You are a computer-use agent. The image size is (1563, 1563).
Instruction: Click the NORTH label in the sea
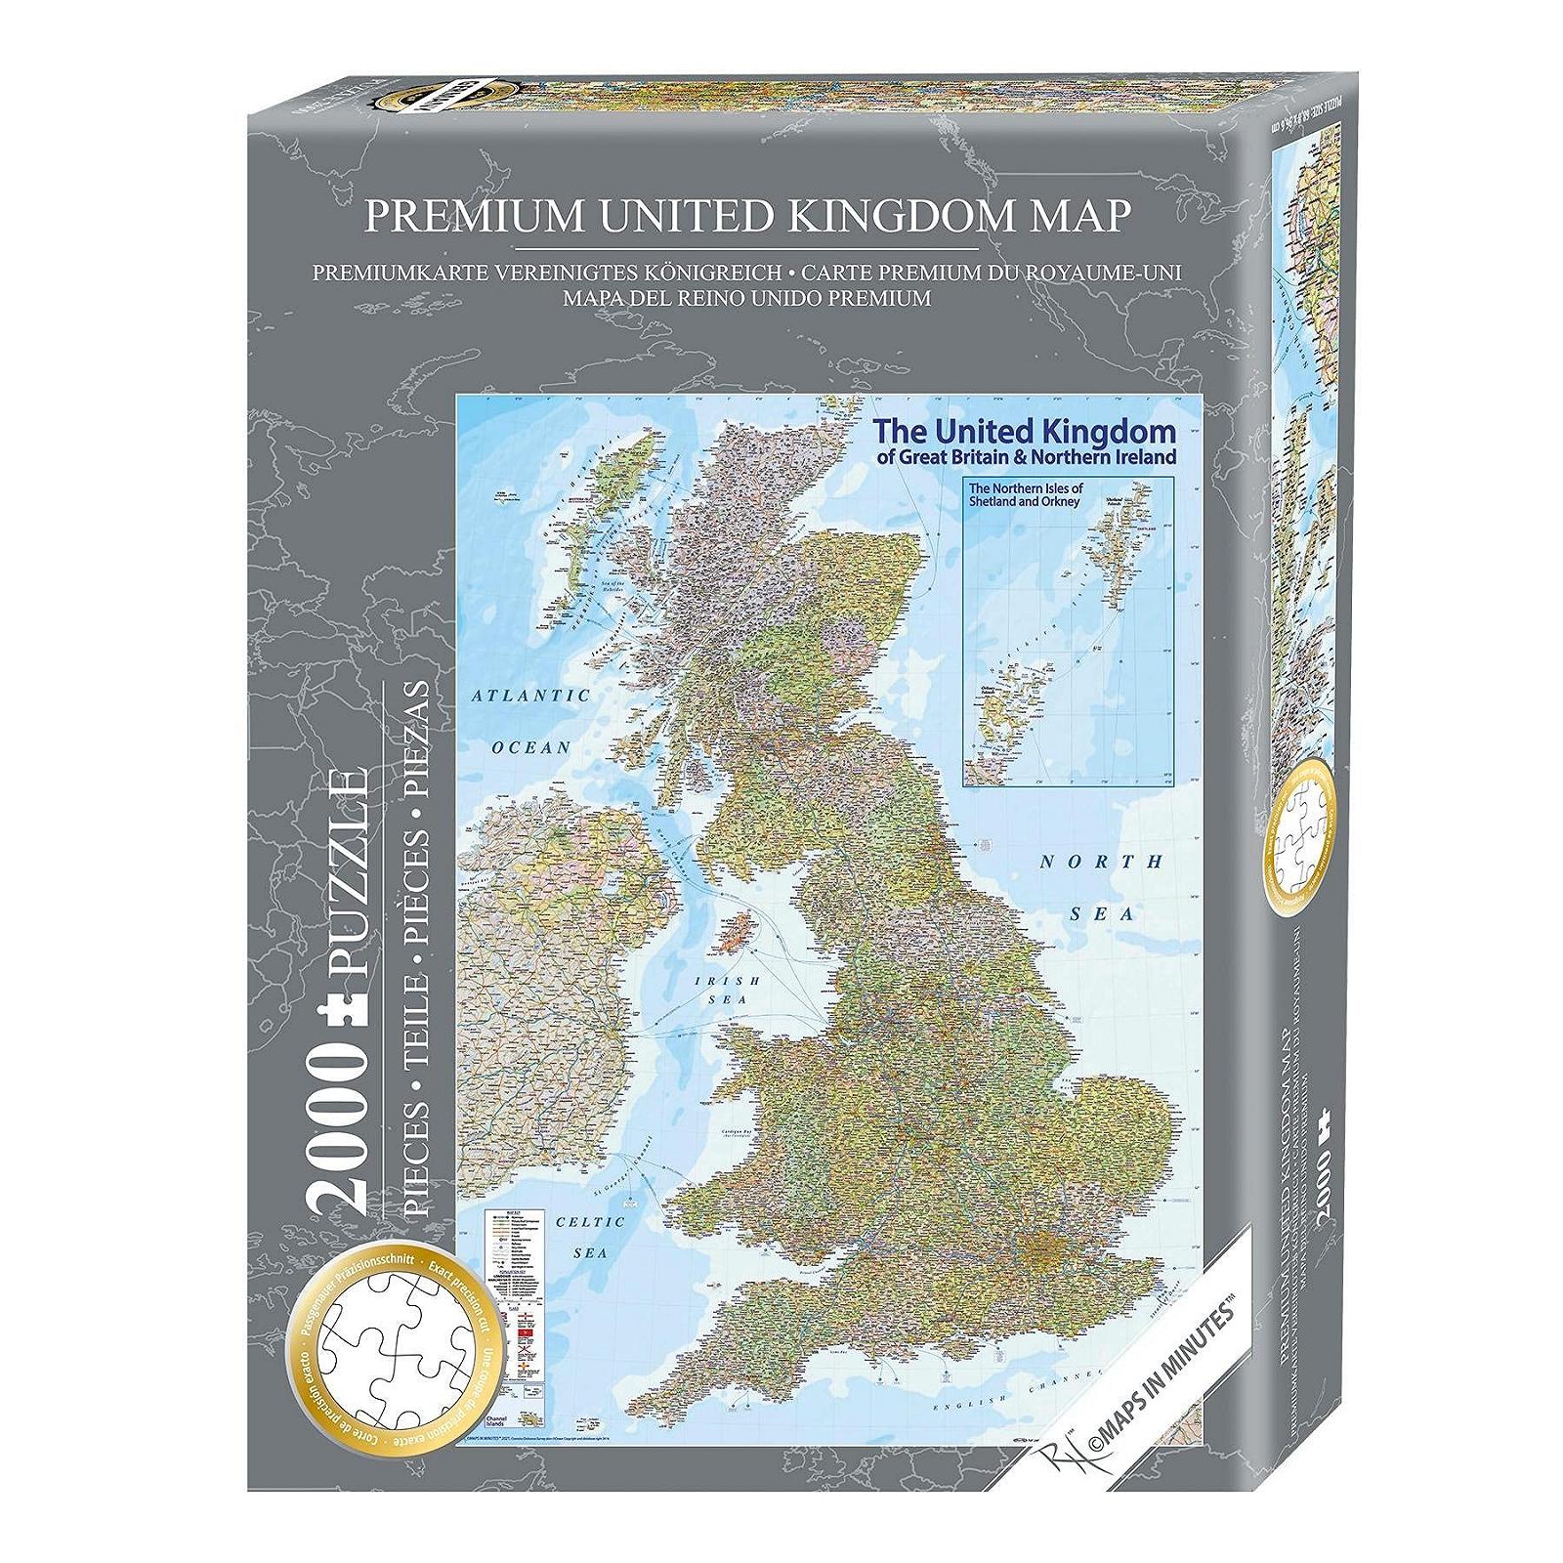pos(1101,862)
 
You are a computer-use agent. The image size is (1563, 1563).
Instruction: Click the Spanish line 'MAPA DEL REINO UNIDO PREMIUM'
pos(746,298)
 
